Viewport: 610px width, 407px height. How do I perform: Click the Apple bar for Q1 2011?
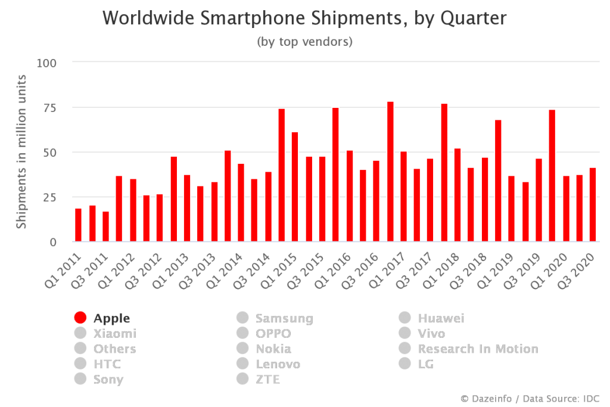(x=78, y=225)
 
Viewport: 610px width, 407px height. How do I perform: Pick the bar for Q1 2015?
(x=295, y=187)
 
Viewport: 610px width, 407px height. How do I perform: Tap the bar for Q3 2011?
(x=106, y=226)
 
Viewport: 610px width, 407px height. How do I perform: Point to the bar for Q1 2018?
(x=457, y=195)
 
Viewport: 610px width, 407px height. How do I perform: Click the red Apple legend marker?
(x=80, y=318)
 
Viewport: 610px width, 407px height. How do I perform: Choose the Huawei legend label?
(x=441, y=318)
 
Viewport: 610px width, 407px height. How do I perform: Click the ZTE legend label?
(x=267, y=379)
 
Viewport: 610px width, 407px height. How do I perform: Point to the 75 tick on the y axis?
(x=50, y=108)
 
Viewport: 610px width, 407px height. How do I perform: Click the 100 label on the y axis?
(x=46, y=63)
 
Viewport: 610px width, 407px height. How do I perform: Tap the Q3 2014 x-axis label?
(x=251, y=271)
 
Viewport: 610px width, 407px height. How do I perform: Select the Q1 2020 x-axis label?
(x=549, y=271)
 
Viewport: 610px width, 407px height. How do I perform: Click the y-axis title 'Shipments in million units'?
(x=21, y=151)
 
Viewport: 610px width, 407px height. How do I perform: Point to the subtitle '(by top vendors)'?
(x=304, y=42)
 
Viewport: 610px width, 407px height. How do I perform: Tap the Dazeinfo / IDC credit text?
(x=530, y=399)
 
